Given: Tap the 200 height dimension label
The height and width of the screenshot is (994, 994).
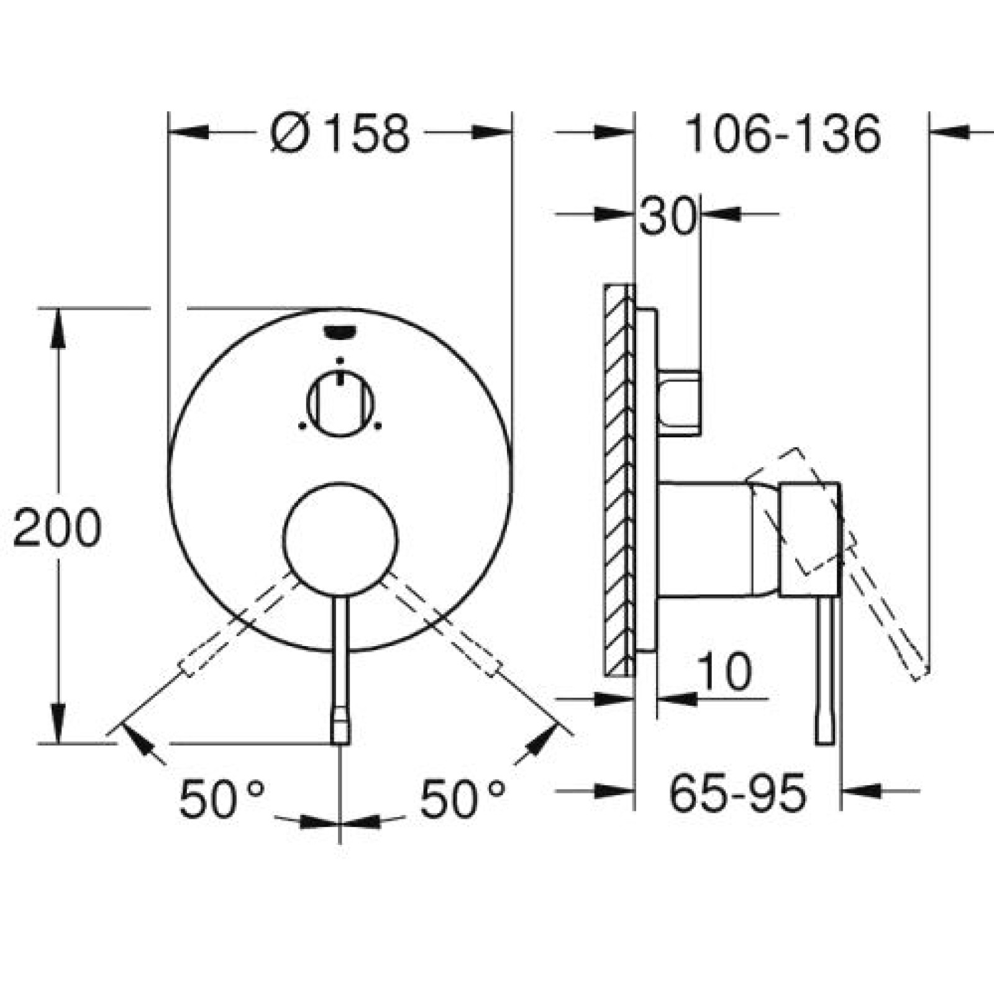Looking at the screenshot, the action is click(x=57, y=527).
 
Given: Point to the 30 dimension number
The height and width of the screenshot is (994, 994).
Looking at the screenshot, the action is click(x=667, y=215).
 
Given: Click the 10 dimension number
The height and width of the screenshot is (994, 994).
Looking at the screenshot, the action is click(x=724, y=671).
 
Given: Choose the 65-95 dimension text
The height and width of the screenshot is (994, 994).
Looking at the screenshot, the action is click(x=738, y=792).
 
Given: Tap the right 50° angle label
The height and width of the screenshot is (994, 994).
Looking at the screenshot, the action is click(x=463, y=798).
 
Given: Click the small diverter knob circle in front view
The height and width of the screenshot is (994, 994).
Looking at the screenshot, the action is click(x=340, y=404).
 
